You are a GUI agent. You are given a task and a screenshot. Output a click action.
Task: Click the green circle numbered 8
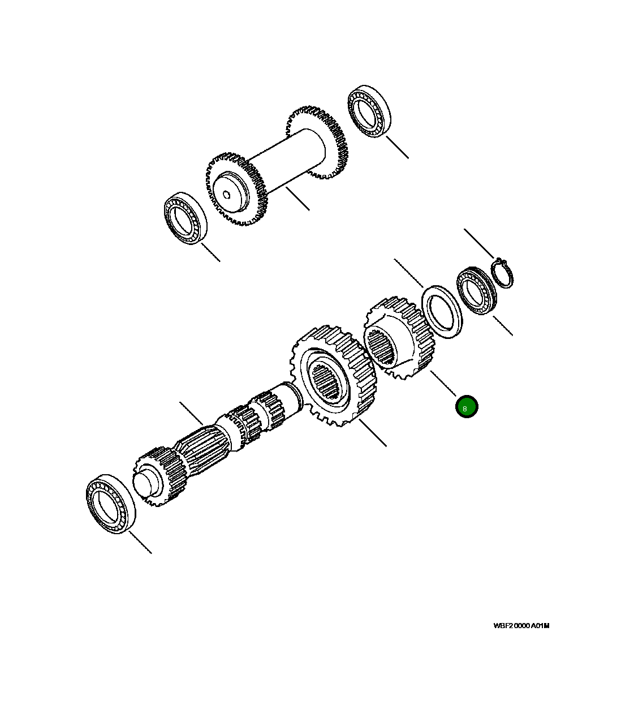click(x=467, y=407)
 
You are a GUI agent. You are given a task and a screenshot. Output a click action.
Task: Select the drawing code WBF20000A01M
click(x=521, y=626)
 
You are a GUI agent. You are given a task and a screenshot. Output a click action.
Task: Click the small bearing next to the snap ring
click(x=476, y=290)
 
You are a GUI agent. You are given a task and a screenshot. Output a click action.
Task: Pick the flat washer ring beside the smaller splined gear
click(x=442, y=313)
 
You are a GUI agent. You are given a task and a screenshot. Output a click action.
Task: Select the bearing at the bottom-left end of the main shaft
click(x=111, y=502)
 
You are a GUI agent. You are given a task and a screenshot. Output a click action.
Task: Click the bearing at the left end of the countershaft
click(x=185, y=219)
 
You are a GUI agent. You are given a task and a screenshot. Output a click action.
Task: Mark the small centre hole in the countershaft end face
click(x=226, y=195)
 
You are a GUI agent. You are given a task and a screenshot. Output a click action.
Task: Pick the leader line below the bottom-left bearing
click(x=140, y=542)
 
